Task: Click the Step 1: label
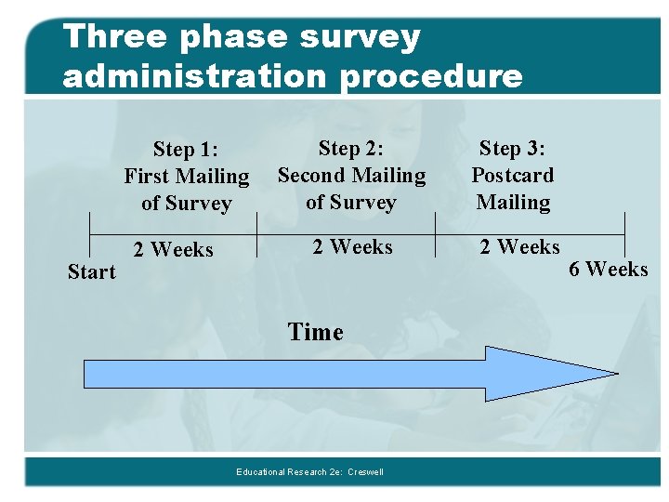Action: pos(186,149)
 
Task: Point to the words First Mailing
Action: pos(186,176)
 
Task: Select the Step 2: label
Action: pos(351,148)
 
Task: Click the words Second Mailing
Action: pos(351,175)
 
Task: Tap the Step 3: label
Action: pos(512,148)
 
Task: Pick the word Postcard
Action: pos(512,175)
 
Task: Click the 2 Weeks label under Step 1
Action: pos(173,249)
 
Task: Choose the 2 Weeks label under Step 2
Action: pos(352,246)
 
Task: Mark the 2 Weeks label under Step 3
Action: pos(519,246)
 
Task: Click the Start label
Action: pos(92,272)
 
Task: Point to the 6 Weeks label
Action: pos(608,269)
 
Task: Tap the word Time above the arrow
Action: pos(315,332)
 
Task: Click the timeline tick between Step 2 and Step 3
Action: pos(436,228)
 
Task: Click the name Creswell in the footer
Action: pos(365,472)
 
